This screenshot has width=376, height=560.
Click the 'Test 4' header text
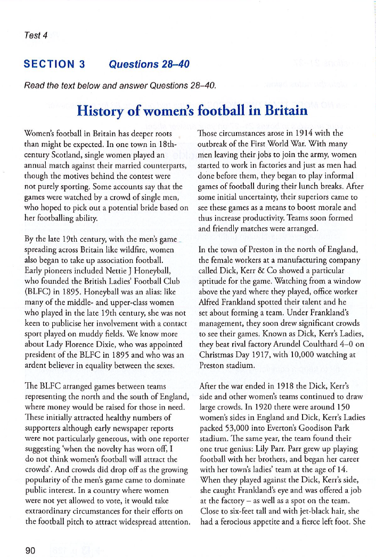click(36, 36)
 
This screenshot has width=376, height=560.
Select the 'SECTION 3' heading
click(54, 65)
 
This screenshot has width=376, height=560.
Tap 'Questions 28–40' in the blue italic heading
click(149, 65)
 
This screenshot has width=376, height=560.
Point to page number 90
click(30, 550)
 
